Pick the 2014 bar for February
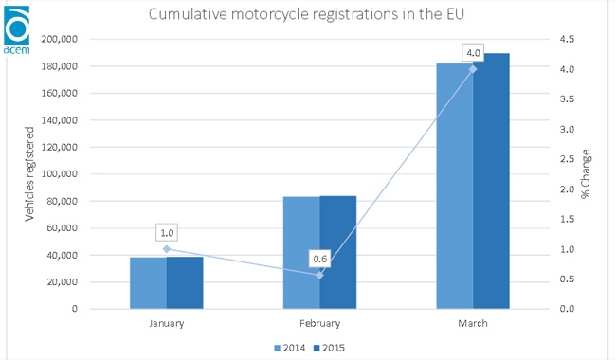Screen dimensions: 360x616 coord(301,252)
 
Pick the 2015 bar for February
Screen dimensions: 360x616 coord(338,252)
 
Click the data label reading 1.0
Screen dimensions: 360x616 coord(168,231)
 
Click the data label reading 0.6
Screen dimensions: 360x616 coord(320,258)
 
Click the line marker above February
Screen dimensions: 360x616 coord(320,275)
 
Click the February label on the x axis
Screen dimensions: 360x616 coord(319,323)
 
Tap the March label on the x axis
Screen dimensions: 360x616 coord(473,323)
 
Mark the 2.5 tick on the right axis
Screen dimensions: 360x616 coord(565,159)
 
